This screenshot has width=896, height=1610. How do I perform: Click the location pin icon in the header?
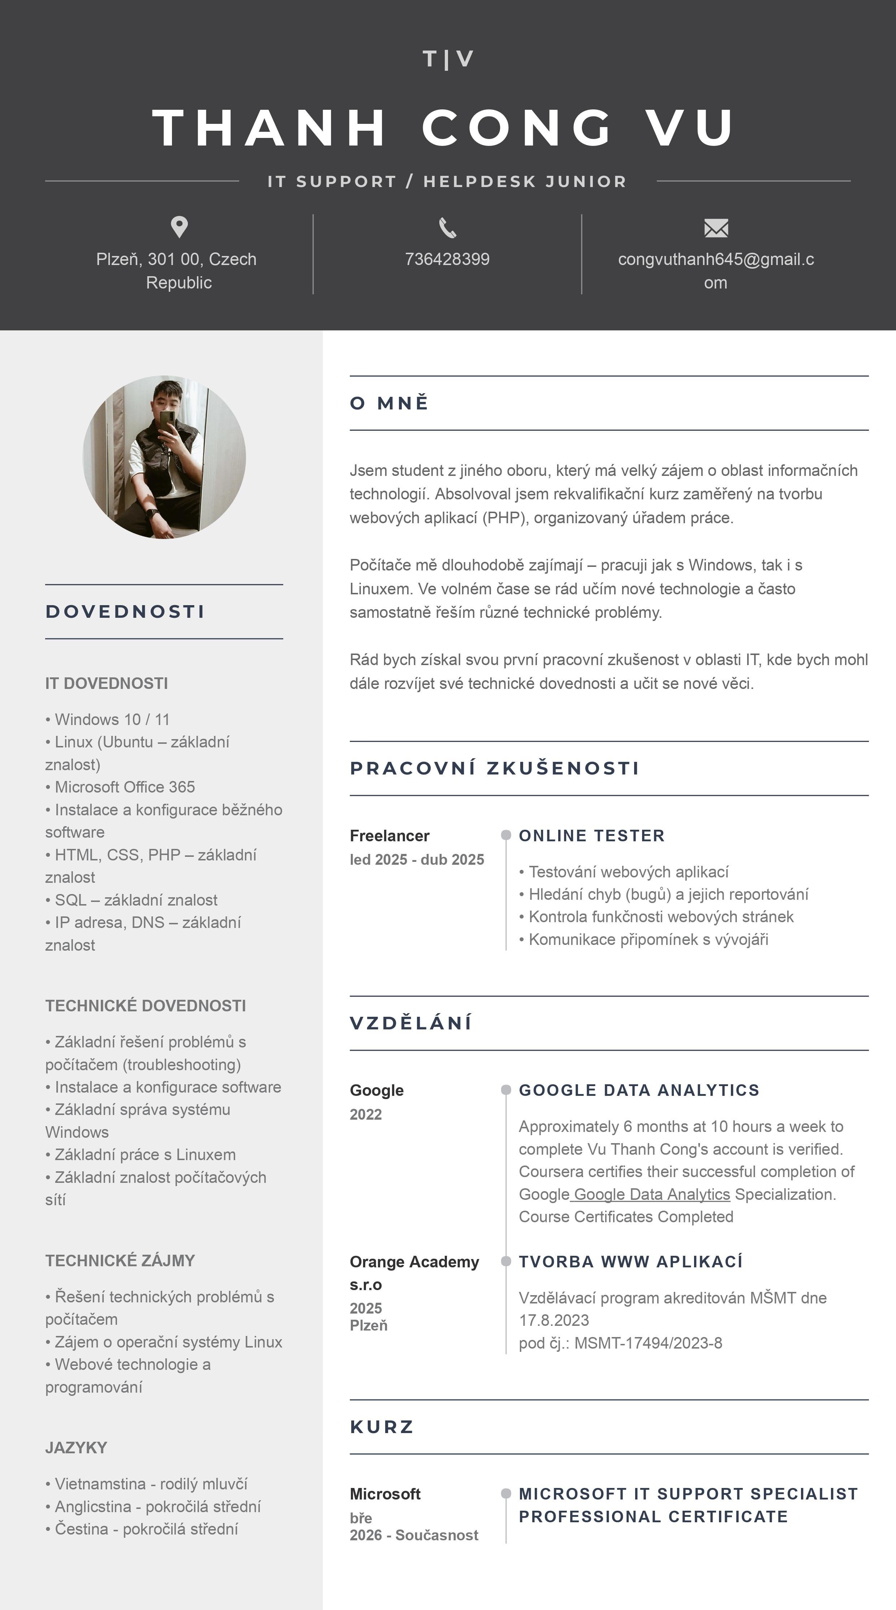point(180,227)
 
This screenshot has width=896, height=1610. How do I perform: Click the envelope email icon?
point(716,228)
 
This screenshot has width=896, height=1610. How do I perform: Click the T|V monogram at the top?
point(448,59)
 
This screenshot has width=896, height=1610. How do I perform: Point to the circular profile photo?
point(164,457)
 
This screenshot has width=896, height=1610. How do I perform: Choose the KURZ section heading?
point(382,1427)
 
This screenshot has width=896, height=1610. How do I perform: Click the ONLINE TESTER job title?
point(591,836)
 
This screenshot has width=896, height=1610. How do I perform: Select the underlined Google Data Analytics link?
point(651,1194)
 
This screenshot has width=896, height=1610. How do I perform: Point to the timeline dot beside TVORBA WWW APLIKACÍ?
point(506,1261)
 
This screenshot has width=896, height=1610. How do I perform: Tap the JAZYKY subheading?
point(76,1448)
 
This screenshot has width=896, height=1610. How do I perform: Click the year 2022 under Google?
point(366,1114)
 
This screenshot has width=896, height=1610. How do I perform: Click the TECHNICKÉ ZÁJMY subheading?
point(120,1260)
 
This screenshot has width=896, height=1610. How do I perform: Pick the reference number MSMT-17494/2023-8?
point(648,1343)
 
